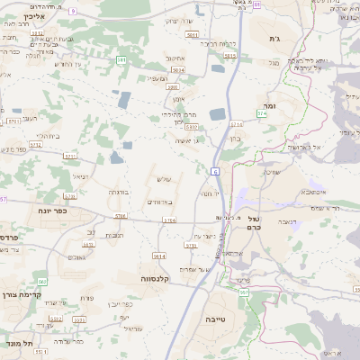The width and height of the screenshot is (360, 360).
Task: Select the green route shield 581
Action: tap(121, 60)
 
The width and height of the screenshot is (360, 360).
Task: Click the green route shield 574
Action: tap(262, 114)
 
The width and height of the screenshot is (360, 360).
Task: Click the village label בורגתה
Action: tap(119, 192)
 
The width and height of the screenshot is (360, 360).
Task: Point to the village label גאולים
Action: tap(76, 257)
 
